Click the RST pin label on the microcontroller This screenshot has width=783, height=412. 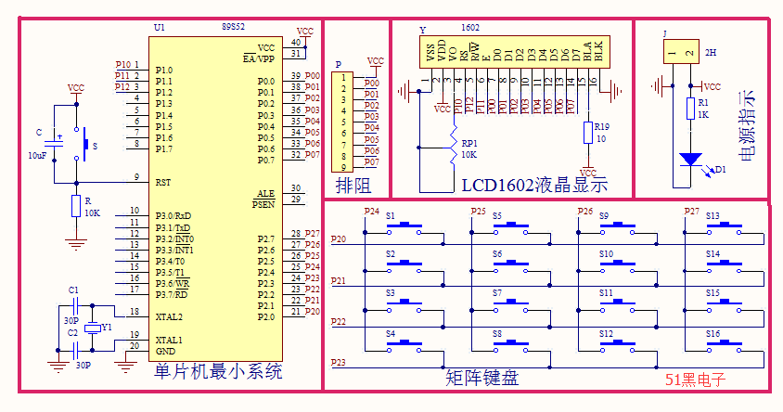(163, 183)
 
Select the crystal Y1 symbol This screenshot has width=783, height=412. (92, 328)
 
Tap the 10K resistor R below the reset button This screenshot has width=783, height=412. (76, 207)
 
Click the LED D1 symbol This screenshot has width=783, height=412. (689, 160)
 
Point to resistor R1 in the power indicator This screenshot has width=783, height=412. (689, 109)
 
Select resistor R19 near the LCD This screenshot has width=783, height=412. (588, 133)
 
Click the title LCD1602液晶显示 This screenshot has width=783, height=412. (533, 184)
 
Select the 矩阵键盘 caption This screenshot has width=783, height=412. (481, 377)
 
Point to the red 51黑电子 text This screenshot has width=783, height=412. (695, 379)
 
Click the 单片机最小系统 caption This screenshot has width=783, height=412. (218, 372)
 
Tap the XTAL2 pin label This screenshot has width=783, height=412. (170, 316)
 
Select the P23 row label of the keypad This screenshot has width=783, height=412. (339, 362)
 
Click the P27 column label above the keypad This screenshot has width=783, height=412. (692, 212)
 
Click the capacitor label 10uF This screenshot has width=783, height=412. (37, 155)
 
